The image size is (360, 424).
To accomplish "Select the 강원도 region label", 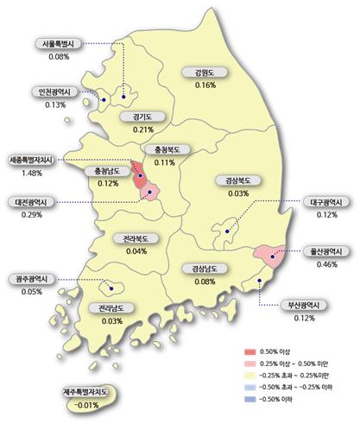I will [205, 73].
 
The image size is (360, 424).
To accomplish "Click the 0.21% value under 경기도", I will [143, 130].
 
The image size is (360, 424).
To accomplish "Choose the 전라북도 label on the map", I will [136, 238].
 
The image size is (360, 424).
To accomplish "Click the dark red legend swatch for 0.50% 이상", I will [251, 351].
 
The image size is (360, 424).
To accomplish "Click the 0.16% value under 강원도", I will [205, 85].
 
